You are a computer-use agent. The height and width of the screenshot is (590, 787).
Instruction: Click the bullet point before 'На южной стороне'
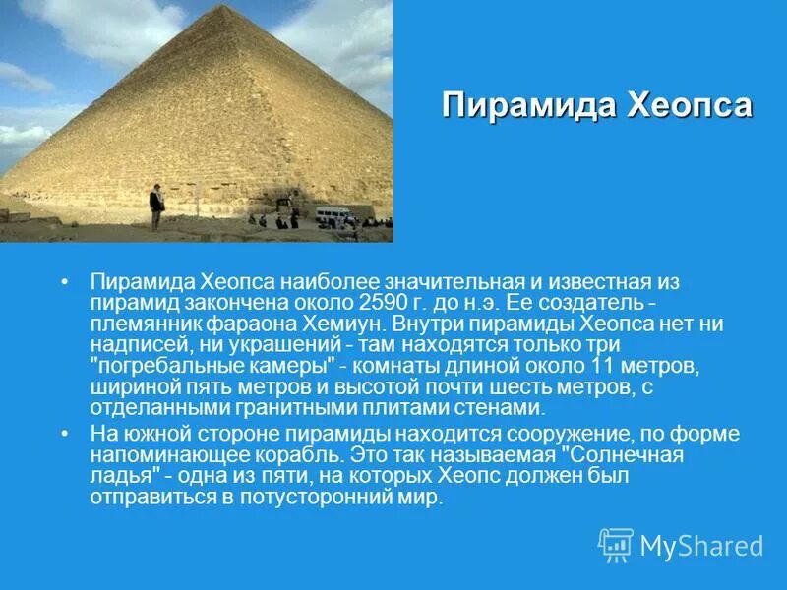(65, 434)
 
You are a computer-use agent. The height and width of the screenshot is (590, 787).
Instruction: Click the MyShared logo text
(701, 546)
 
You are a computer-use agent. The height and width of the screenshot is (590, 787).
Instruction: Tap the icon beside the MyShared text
(616, 545)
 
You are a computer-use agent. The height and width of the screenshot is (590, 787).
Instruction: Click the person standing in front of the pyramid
(155, 208)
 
